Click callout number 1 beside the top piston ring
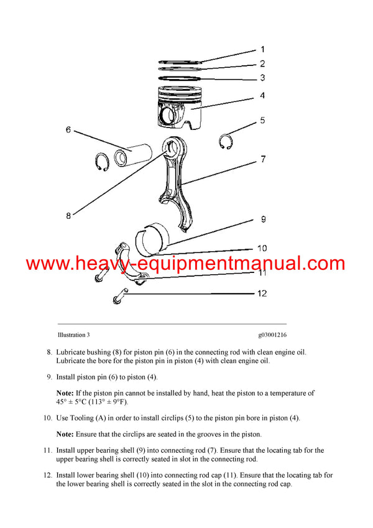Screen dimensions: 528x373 pos(262,49)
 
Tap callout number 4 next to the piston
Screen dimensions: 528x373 pos(262,96)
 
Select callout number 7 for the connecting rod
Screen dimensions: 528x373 pos(263,160)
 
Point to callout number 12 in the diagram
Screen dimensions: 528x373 pos(262,293)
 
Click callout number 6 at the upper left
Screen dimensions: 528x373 pos(68,130)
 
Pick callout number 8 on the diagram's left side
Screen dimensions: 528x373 pos(68,215)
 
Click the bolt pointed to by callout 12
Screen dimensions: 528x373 pos(120,300)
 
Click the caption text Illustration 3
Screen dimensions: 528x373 pos(73,335)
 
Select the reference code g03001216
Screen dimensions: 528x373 pos(269,335)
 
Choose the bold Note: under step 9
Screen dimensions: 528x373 pos(65,393)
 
